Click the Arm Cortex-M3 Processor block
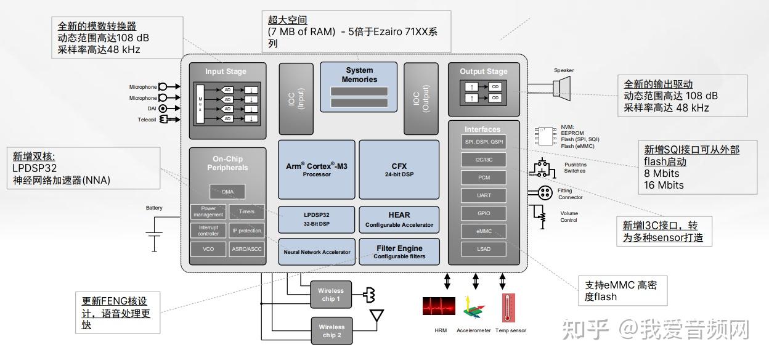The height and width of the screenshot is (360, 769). [x=317, y=170]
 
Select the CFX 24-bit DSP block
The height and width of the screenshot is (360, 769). [x=399, y=170]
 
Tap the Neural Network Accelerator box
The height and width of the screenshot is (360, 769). [x=317, y=252]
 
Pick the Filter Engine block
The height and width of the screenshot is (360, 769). [x=399, y=252]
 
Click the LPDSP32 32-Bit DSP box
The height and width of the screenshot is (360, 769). [x=316, y=219]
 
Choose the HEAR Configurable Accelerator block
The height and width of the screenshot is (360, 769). [x=399, y=219]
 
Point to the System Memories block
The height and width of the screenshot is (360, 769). [x=359, y=87]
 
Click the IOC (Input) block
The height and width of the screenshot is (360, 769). [x=296, y=99]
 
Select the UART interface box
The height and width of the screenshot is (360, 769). [x=484, y=195]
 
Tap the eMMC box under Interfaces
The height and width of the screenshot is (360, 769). [x=484, y=231]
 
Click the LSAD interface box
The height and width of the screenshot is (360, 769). [x=484, y=249]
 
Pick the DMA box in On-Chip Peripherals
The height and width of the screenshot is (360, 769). [x=227, y=192]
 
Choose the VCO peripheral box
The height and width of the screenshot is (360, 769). [x=208, y=249]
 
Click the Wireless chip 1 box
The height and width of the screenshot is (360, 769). [x=331, y=295]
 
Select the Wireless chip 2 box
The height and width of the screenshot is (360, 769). [x=332, y=331]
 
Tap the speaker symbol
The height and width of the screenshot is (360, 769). [x=561, y=88]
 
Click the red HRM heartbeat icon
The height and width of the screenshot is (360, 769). [x=439, y=306]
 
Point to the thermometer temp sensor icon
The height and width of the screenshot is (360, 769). [x=508, y=308]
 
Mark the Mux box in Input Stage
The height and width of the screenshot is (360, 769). [x=200, y=104]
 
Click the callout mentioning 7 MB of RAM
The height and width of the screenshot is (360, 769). [x=356, y=31]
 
